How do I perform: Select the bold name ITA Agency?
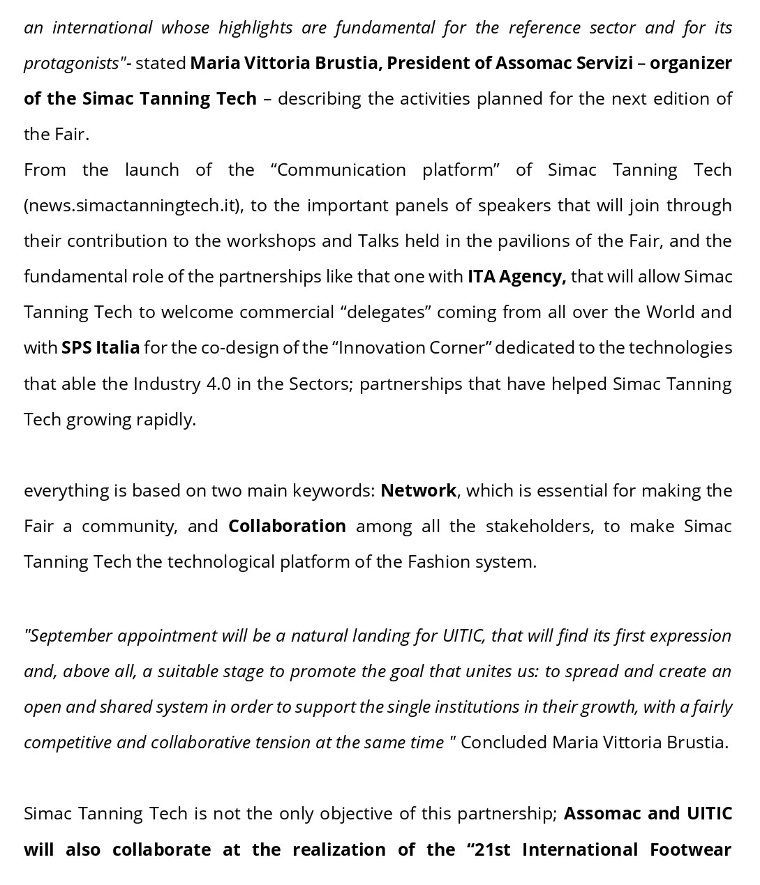[x=516, y=276]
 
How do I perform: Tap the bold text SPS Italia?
[x=100, y=347]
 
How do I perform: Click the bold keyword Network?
[x=418, y=490]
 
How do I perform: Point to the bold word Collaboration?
[x=287, y=526]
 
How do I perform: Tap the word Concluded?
[x=503, y=742]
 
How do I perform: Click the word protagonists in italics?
[x=71, y=63]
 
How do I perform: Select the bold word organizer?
[x=690, y=63]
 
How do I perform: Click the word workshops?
[x=274, y=241]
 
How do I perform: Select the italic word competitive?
[x=68, y=742]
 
